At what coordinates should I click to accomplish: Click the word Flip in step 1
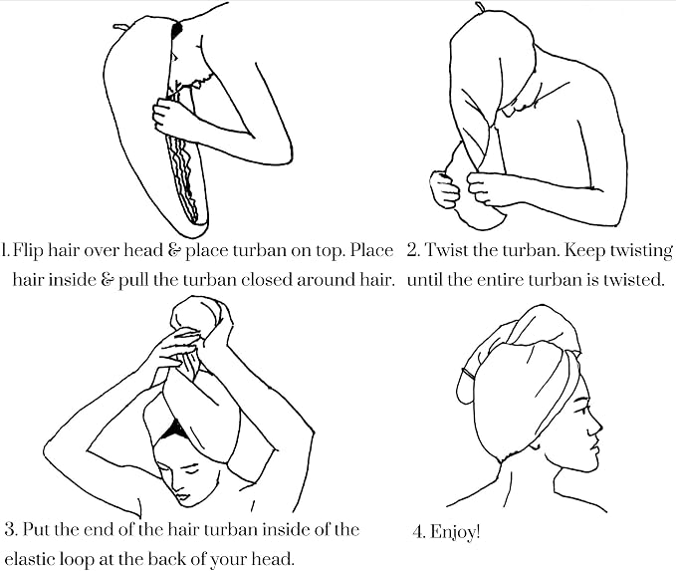tap(29, 251)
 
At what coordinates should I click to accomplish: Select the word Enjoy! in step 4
tap(455, 531)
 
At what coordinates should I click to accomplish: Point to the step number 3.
tap(10, 529)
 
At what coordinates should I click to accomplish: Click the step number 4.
tap(419, 532)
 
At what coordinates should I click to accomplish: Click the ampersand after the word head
tap(174, 251)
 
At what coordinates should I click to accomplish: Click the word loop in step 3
tap(77, 560)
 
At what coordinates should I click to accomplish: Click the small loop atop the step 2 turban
tap(480, 6)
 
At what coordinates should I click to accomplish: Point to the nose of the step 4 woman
tap(596, 426)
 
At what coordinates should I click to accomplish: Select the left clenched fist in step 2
tap(444, 189)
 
